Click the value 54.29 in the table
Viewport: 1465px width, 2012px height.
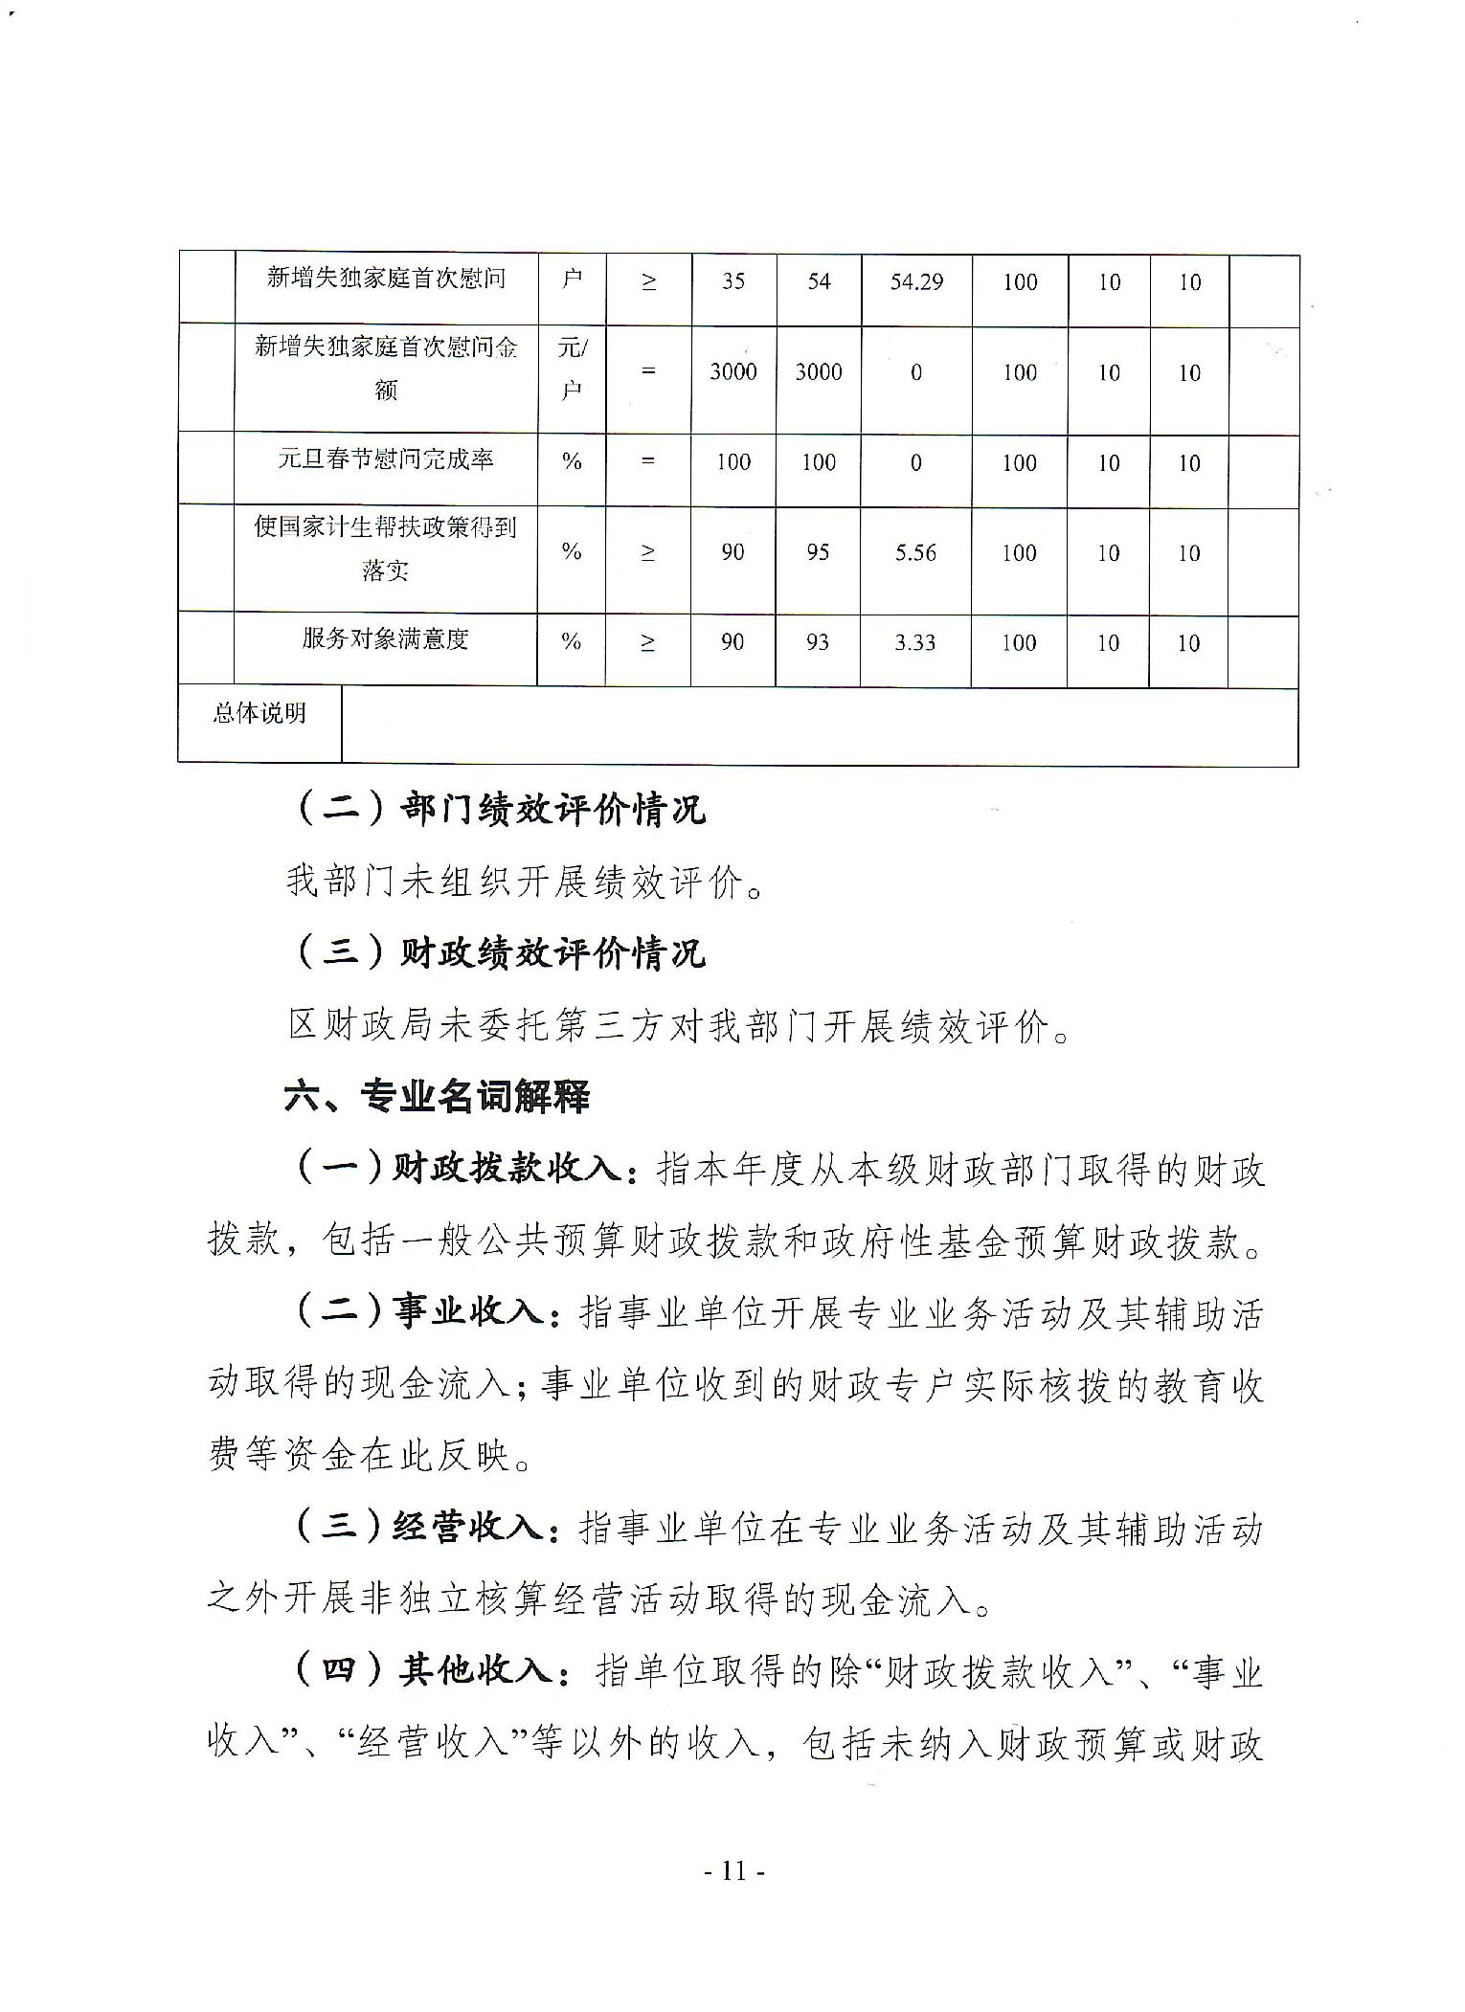(916, 282)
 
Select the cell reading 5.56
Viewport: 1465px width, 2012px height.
(915, 553)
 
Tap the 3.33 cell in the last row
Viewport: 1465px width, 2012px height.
(914, 642)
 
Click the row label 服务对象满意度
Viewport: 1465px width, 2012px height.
(385, 639)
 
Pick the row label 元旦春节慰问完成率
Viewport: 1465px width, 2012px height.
(385, 459)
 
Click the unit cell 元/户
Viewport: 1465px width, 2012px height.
(572, 369)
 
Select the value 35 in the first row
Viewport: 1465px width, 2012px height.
(733, 282)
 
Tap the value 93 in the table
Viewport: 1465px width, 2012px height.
(817, 642)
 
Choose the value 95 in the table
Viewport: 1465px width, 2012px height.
(818, 553)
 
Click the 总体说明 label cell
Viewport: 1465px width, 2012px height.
(259, 714)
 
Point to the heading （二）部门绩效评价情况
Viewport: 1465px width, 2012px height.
(498, 810)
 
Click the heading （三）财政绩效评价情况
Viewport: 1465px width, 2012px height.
(498, 952)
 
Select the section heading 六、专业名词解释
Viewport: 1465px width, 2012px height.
(437, 1096)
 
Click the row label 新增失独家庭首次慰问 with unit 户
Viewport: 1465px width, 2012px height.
(385, 279)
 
